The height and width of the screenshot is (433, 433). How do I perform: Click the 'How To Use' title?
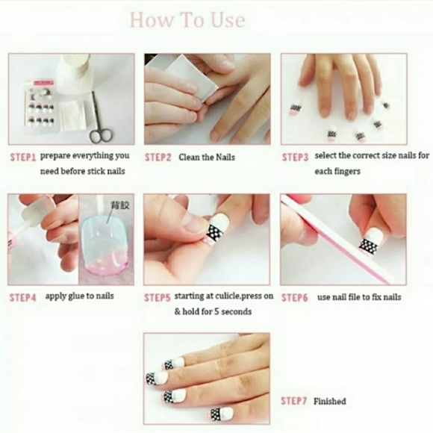[x=187, y=20]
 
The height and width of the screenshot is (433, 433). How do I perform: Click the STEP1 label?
[x=23, y=158]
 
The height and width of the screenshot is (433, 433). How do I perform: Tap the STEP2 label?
[x=158, y=158]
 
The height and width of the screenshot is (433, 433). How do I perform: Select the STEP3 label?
[x=295, y=158]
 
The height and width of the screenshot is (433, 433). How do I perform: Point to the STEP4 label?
[x=23, y=296]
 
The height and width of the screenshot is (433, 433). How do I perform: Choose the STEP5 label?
[x=158, y=296]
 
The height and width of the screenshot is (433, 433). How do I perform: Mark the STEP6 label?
[x=295, y=297]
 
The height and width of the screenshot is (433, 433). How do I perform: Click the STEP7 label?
[x=293, y=401]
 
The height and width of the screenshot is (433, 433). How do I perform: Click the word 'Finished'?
[x=329, y=401]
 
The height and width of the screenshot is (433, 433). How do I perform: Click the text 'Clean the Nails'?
[x=207, y=158]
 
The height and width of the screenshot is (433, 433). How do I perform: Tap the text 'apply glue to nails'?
[x=79, y=296]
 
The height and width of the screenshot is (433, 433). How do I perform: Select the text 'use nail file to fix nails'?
[x=359, y=297]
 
